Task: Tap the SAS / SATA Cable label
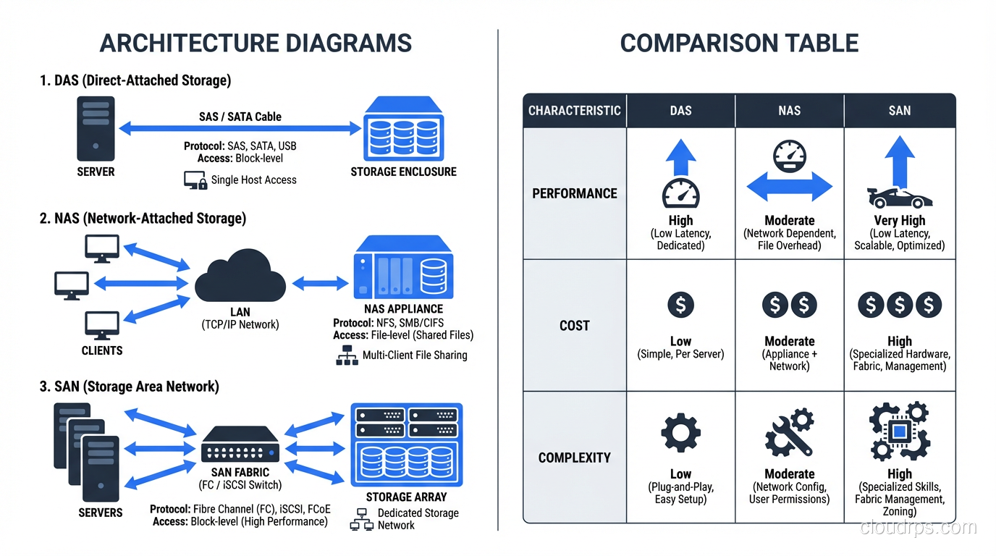click(240, 117)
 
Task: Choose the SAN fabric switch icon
click(240, 445)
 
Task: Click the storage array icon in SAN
click(406, 445)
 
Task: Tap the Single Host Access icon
click(195, 180)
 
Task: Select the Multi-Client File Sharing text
click(415, 355)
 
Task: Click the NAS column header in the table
click(789, 111)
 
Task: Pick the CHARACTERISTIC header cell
click(575, 111)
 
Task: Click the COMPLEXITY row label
click(575, 458)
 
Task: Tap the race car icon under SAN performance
click(900, 197)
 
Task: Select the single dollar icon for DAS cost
click(680, 305)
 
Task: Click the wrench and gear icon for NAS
click(789, 432)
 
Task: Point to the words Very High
click(900, 221)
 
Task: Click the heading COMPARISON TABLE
click(739, 43)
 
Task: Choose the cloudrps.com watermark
click(919, 527)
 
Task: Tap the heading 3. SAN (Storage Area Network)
click(129, 387)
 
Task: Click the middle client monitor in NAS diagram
click(72, 285)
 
